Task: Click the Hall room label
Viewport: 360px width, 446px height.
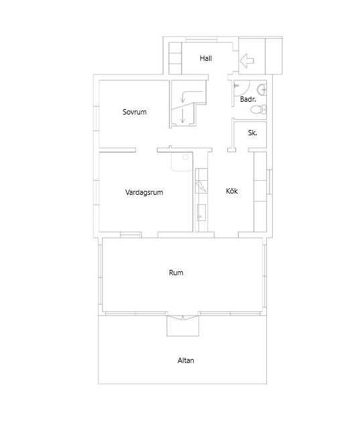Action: [206, 59]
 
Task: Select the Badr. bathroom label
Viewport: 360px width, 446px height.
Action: [247, 99]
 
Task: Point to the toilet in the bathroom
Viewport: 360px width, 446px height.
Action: [262, 110]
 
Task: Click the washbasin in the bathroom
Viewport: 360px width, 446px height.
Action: [262, 88]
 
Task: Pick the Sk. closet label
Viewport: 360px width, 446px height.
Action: [253, 133]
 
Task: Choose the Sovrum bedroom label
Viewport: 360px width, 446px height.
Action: [134, 112]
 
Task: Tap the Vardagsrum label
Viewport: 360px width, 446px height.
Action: [144, 192]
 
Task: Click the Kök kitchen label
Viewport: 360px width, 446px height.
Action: [232, 192]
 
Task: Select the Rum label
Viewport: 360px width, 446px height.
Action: [176, 273]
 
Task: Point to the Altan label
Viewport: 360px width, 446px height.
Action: [186, 360]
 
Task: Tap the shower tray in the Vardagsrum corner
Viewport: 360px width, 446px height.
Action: [181, 161]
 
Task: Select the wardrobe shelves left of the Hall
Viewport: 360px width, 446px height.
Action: [175, 58]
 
